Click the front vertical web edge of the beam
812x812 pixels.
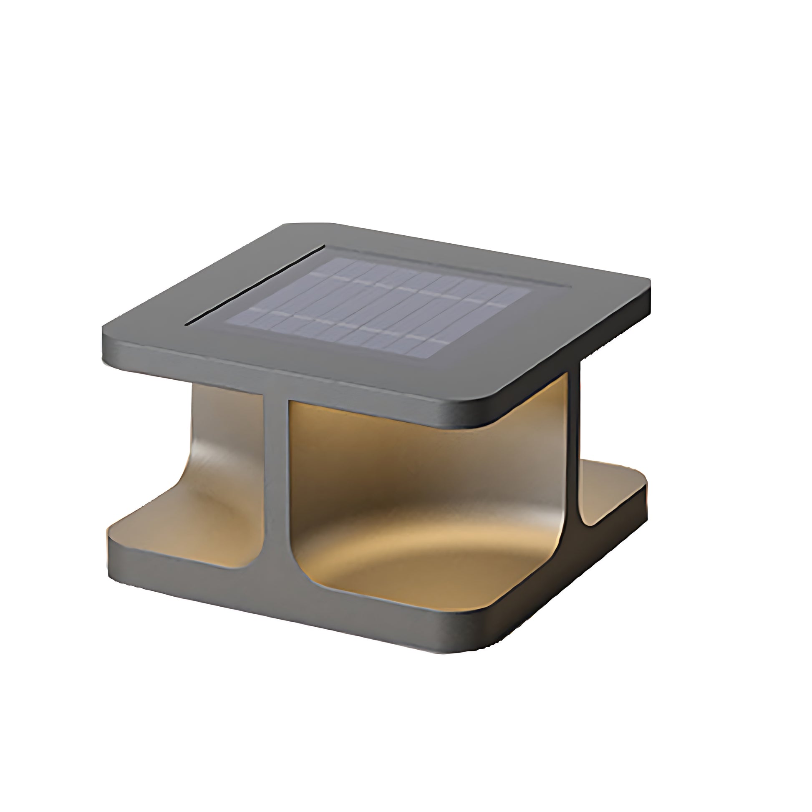(276, 483)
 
